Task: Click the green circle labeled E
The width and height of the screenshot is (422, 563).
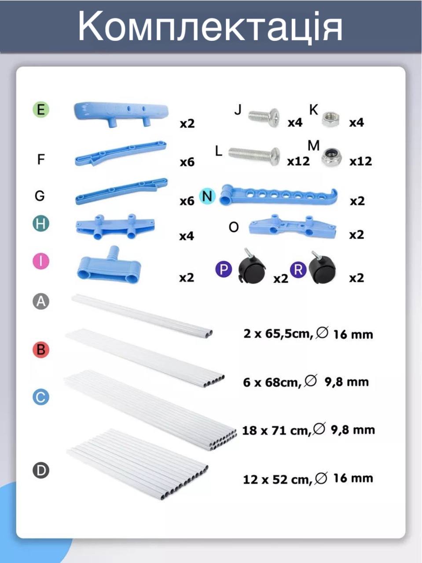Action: point(41,110)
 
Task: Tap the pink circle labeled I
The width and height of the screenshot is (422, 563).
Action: point(41,261)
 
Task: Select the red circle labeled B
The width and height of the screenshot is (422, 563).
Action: point(41,349)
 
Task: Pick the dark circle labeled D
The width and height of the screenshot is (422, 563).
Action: point(41,470)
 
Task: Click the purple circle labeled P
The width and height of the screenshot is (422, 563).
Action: point(224,269)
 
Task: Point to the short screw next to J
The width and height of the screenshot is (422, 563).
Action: point(264,117)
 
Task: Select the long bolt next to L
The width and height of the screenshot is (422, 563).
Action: point(254,156)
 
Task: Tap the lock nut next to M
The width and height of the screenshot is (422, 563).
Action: point(331,157)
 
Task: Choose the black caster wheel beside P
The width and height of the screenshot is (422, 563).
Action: point(251,267)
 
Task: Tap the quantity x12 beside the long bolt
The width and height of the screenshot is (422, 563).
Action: point(298,161)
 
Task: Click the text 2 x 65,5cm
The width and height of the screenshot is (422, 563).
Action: point(279,334)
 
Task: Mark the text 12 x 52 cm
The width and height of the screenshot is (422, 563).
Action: point(278,479)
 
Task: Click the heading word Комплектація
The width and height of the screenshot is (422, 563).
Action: point(210,27)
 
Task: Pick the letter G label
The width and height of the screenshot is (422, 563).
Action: point(40,196)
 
